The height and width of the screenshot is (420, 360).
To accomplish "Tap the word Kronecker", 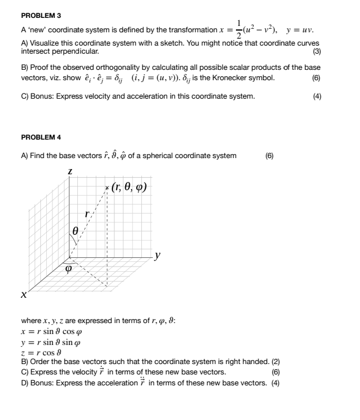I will click(x=227, y=78).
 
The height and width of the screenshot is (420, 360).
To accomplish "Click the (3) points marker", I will click(x=317, y=51).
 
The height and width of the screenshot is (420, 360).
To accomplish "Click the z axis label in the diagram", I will click(x=70, y=171).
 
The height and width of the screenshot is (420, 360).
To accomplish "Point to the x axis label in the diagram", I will click(x=24, y=295).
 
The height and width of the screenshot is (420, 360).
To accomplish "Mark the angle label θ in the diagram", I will click(x=76, y=230).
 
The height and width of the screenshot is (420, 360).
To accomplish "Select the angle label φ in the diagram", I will click(x=69, y=268).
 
